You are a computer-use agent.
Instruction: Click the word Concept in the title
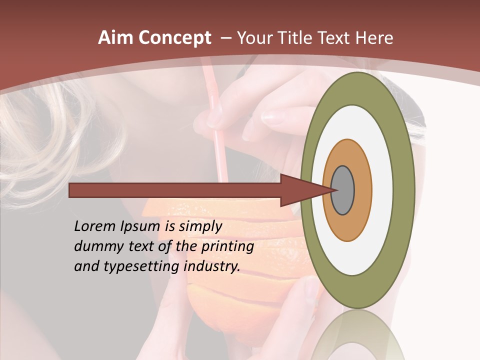tap(174, 38)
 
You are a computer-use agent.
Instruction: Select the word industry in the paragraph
tap(212, 266)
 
